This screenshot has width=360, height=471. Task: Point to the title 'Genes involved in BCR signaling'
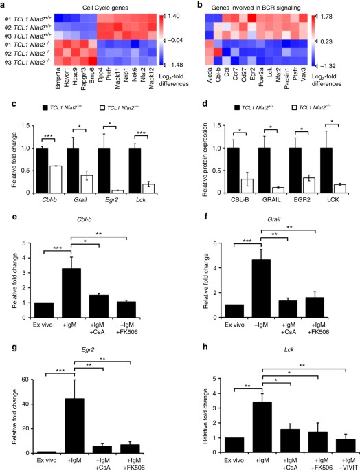[262, 6]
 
